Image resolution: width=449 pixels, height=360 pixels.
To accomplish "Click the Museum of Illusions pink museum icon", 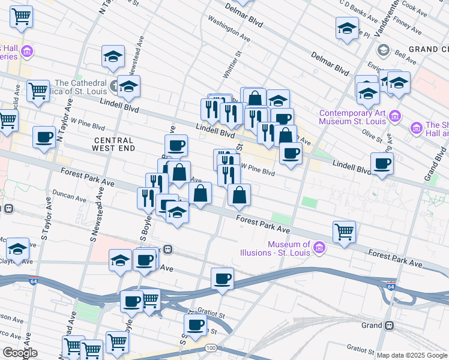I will click(319, 247).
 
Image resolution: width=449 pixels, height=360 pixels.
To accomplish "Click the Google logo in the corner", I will click(19, 353).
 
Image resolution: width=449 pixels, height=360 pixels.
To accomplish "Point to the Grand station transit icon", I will click(390, 325).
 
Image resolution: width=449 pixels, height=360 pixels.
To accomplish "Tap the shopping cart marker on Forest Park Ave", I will click(344, 232).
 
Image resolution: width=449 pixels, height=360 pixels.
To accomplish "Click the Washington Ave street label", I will click(229, 28).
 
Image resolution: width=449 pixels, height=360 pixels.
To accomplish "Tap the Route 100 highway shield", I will click(210, 348).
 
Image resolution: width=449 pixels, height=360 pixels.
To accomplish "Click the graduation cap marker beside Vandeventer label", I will click(347, 28).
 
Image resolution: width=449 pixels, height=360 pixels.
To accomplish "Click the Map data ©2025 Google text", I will click(411, 355).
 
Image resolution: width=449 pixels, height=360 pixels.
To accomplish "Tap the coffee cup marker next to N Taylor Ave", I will click(44, 137).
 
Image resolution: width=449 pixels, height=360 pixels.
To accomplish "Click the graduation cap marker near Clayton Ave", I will click(18, 248).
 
